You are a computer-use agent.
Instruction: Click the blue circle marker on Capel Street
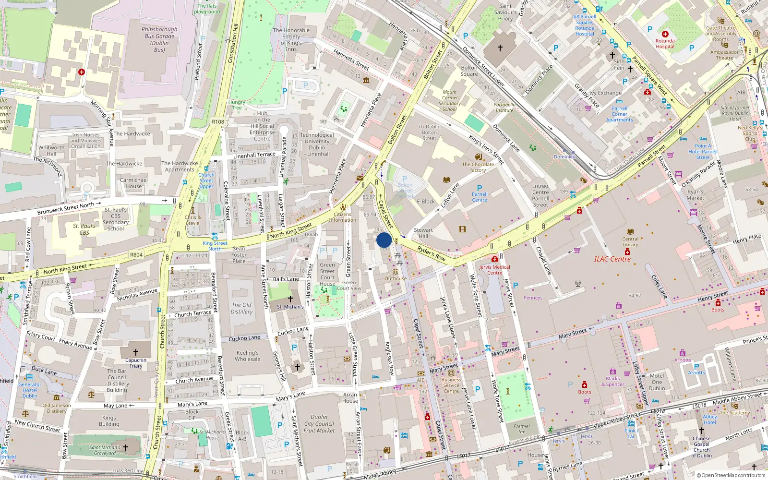[x=384, y=240]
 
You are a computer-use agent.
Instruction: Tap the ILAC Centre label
[x=612, y=259]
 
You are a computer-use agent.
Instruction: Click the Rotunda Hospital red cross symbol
[x=665, y=34]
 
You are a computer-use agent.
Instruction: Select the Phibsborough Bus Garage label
[x=159, y=39]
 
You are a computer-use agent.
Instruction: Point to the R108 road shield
[x=218, y=122]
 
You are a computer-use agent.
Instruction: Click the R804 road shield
[x=136, y=255]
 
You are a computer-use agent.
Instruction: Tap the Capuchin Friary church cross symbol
[x=136, y=352]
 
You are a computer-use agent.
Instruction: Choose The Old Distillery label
[x=241, y=308]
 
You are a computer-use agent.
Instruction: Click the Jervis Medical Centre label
[x=494, y=270]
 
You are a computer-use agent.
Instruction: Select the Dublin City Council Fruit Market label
[x=319, y=424]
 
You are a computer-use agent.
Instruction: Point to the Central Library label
[x=630, y=241]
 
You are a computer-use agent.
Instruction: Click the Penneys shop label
[x=533, y=298]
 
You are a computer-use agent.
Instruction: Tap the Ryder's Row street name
[x=431, y=253]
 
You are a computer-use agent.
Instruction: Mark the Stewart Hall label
[x=423, y=233]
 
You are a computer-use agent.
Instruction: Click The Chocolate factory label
[x=478, y=167]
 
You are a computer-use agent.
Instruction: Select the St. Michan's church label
[x=290, y=307]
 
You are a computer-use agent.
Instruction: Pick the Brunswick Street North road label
[x=66, y=208]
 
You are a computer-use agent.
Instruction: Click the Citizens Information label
[x=342, y=217]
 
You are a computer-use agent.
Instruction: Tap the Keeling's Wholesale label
[x=248, y=356]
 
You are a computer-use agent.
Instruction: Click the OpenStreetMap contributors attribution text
[x=733, y=476]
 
